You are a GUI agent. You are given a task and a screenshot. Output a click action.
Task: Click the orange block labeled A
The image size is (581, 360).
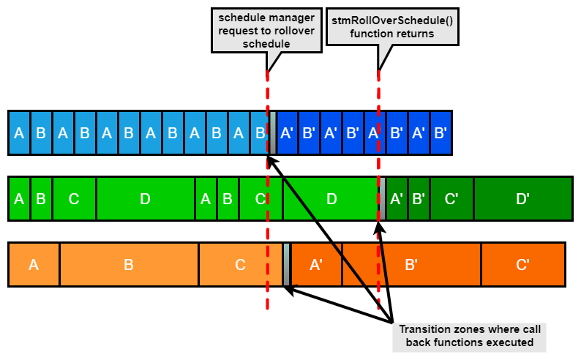(x=34, y=265)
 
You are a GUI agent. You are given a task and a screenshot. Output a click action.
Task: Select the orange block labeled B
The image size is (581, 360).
(x=129, y=265)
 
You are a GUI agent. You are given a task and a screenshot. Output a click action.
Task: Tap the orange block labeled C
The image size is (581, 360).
(x=240, y=265)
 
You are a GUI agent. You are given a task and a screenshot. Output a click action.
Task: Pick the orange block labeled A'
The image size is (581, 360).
(x=317, y=265)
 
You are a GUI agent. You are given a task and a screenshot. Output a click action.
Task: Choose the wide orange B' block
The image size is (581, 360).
(x=411, y=265)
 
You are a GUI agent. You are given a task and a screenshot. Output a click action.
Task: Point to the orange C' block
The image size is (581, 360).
(x=522, y=265)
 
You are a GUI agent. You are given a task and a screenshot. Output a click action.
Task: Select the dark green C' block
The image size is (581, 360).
(x=451, y=198)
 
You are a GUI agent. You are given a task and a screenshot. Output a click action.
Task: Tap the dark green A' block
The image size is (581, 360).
(x=397, y=198)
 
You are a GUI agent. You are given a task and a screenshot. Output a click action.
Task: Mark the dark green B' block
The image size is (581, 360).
(x=419, y=198)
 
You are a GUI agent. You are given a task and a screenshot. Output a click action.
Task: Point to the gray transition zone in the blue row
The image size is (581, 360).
(x=273, y=132)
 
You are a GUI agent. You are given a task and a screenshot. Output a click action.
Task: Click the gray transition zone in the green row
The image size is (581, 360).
(x=381, y=198)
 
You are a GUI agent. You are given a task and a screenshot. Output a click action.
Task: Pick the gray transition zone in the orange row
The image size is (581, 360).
(x=287, y=265)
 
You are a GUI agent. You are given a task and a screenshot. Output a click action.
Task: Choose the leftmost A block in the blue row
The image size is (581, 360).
(x=19, y=132)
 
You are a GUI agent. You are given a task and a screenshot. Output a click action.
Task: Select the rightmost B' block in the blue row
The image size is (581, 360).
(x=441, y=132)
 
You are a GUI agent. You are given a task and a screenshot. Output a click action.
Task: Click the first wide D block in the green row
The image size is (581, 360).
(x=145, y=198)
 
